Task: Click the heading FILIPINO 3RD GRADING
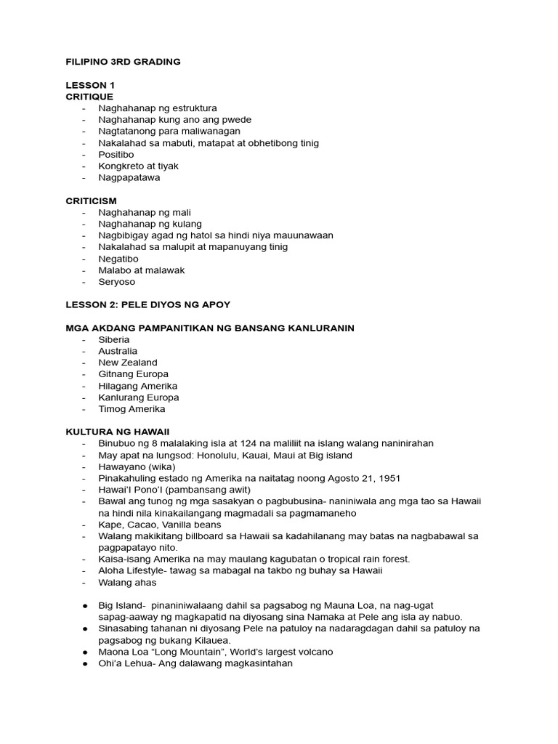tap(123, 62)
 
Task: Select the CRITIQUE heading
tap(89, 97)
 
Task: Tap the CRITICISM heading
tap(91, 201)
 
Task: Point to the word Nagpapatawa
tap(129, 177)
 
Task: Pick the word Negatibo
tap(118, 259)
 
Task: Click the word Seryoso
tap(117, 282)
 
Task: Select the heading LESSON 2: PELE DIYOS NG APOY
tap(148, 305)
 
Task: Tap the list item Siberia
tap(114, 339)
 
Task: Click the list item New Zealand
tap(128, 363)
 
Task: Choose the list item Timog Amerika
tap(132, 409)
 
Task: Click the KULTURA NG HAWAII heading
tap(118, 432)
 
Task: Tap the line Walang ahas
tap(127, 582)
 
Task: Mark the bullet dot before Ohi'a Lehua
tap(84, 663)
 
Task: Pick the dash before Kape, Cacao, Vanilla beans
tap(85, 525)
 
